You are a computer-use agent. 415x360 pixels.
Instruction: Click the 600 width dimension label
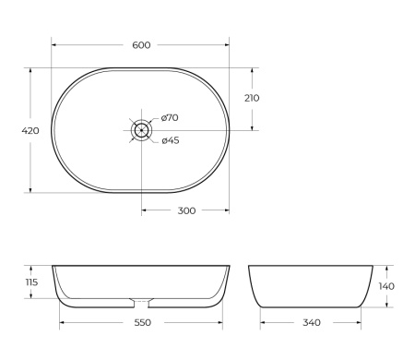tap(141, 44)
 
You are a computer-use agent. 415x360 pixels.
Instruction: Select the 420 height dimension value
tap(30, 131)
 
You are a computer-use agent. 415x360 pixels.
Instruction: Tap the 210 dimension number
tap(252, 98)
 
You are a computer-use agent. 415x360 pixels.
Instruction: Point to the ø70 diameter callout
tap(170, 117)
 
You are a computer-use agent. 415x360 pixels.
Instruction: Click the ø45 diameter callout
tap(170, 140)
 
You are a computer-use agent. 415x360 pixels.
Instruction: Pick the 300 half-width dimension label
tap(185, 210)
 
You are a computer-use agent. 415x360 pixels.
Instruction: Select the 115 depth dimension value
tap(31, 282)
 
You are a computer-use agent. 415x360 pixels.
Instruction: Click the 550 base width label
tap(140, 323)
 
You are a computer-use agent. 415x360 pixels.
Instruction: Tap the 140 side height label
tap(387, 286)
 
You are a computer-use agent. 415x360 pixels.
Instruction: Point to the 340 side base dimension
tap(312, 323)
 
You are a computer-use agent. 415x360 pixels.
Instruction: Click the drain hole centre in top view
tap(141, 130)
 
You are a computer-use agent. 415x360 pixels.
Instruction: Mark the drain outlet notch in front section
tap(141, 301)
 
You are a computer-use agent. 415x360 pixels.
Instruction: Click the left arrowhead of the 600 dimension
tap(53, 44)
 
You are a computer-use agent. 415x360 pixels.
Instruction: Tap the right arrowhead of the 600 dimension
tap(228, 44)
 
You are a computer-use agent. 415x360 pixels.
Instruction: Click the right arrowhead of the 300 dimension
tap(228, 210)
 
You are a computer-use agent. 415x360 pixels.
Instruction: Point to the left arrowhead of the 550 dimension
tap(62, 323)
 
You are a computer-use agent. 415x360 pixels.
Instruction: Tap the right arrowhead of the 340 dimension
tap(361, 323)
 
